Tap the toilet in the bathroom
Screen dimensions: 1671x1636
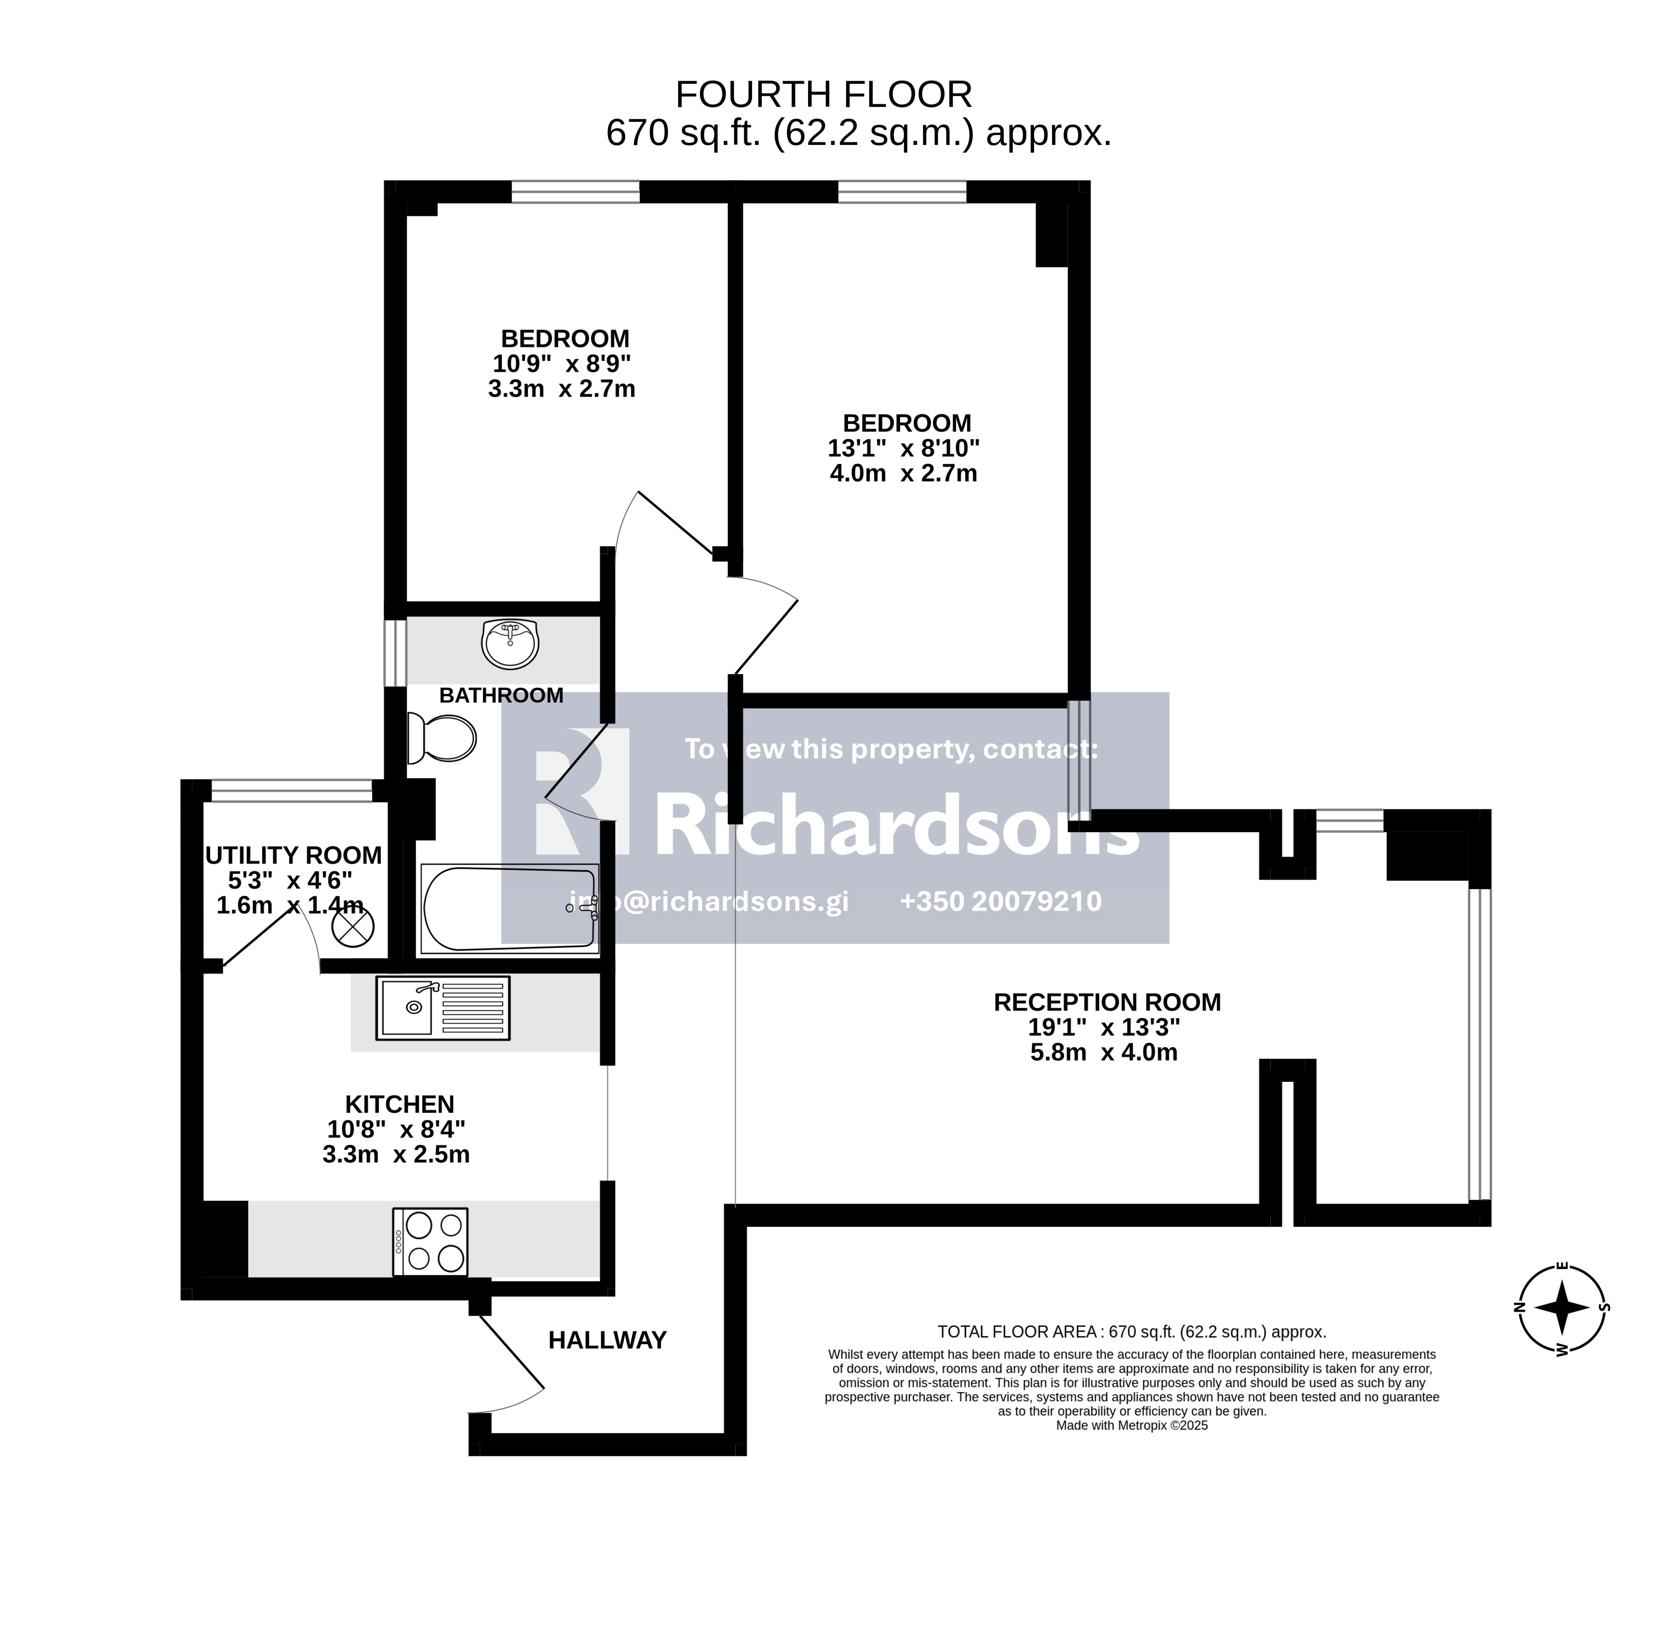[x=441, y=738]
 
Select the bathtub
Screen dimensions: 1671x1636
[x=508, y=909]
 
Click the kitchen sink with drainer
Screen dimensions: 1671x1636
[x=442, y=1007]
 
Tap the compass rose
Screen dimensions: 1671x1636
[x=1562, y=1308]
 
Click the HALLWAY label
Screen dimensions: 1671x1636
[x=608, y=1340]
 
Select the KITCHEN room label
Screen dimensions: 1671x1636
[x=399, y=1104]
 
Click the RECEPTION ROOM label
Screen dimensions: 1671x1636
[x=1106, y=1002]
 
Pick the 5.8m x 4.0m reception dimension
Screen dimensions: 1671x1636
[x=1104, y=1052]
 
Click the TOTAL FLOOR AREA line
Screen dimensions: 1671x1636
[x=1131, y=1332]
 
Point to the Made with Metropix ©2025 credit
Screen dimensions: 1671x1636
[x=1131, y=1426]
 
